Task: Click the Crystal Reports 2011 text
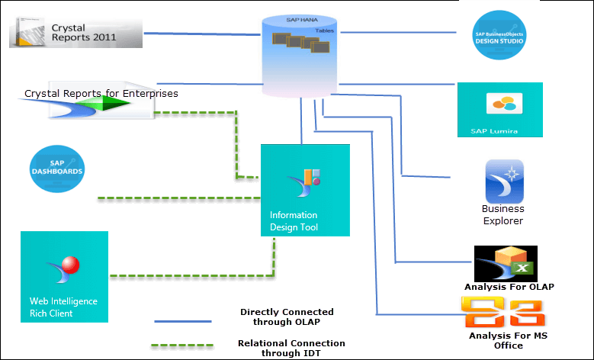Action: pos(84,33)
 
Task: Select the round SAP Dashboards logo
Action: pos(57,169)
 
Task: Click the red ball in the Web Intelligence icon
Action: pos(70,265)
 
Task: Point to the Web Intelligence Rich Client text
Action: pos(63,307)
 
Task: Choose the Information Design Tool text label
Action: pos(294,221)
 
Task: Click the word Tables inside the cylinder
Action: pos(324,31)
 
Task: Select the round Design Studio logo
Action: pos(499,36)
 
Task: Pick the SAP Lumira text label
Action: pos(494,131)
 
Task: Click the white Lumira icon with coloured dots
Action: pos(504,103)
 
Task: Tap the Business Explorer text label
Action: pos(502,214)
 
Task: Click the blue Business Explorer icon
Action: pos(504,182)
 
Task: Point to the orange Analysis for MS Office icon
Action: pos(502,313)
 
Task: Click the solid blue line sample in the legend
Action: pos(182,321)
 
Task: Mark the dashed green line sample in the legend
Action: pos(182,346)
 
